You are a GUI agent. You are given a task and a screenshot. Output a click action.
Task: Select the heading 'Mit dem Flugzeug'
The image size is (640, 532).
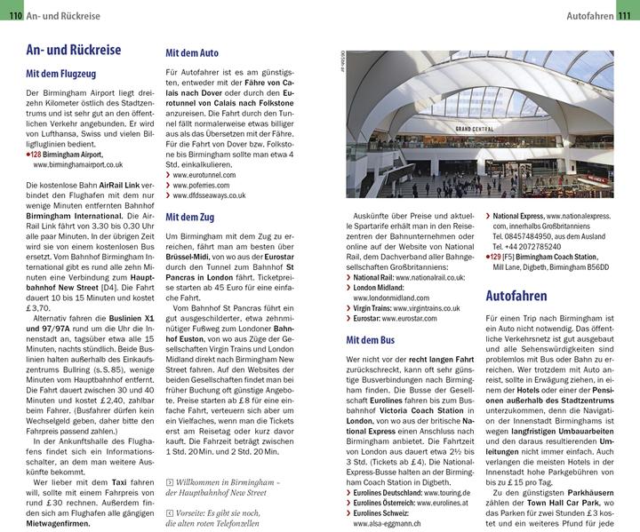tap(61, 74)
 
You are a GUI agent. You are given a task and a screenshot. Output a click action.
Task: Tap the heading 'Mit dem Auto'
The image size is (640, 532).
tap(192, 52)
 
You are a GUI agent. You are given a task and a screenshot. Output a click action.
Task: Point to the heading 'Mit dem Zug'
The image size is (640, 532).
tap(190, 216)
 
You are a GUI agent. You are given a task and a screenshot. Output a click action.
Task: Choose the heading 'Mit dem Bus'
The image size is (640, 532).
tap(371, 339)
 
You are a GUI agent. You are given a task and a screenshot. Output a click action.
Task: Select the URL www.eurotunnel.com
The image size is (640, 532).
tap(205, 176)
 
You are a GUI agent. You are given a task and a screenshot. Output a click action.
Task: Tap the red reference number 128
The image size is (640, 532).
tap(37, 154)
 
